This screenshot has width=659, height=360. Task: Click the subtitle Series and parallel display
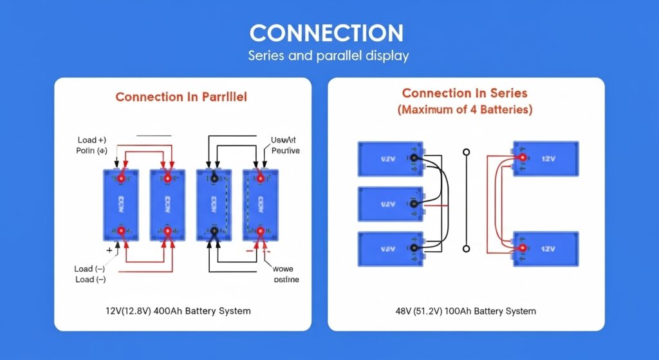(329, 56)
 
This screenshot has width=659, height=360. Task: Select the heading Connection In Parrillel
(181, 97)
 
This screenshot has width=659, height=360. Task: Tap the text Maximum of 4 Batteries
(465, 109)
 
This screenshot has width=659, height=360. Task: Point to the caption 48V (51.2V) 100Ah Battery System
(466, 310)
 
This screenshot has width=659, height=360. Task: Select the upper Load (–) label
(89, 269)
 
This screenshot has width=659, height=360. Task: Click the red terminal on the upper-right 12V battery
(523, 158)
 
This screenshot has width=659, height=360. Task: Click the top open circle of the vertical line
(467, 153)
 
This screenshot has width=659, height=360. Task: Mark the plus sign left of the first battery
(109, 249)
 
